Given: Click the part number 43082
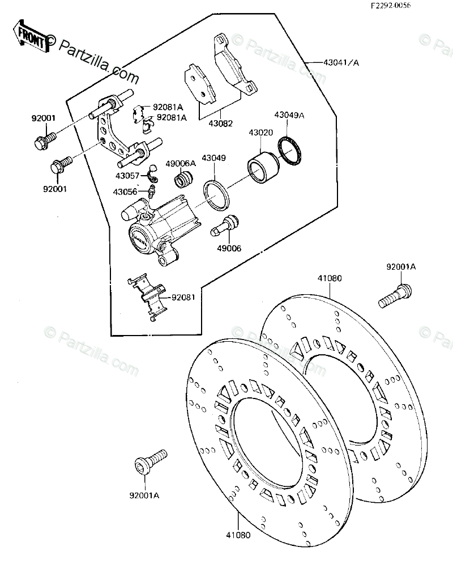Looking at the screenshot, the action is tap(221, 124).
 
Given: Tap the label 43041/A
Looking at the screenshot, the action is tap(341, 62).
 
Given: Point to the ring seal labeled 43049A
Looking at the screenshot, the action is tap(289, 151).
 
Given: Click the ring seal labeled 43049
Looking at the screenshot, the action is tap(216, 195).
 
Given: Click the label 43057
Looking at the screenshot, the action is tap(127, 176).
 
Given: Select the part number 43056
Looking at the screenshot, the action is tap(125, 192).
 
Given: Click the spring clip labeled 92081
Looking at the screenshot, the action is tap(147, 297).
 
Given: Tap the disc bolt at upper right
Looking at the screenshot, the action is tap(395, 296).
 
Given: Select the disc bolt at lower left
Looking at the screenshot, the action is tap(150, 462).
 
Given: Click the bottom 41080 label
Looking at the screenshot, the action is tap(238, 535).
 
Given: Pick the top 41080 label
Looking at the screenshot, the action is tap(330, 278).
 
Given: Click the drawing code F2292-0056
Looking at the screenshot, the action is tap(391, 6).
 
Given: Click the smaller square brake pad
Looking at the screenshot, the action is tap(200, 84).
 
